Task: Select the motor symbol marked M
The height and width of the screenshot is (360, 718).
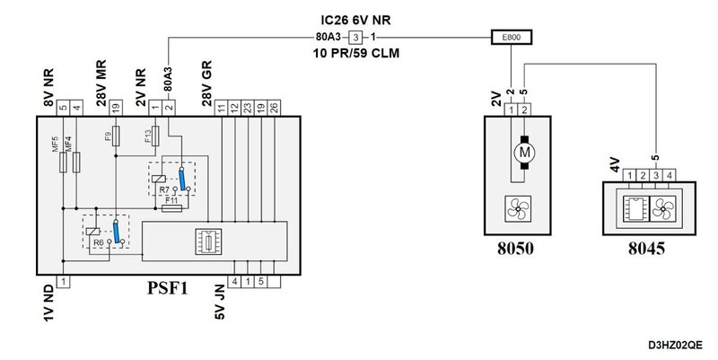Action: point(522,153)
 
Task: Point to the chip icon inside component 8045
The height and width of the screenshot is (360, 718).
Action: point(633,207)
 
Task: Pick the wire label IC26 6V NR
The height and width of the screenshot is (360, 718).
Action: point(357,19)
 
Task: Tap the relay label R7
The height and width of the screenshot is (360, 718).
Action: point(162,190)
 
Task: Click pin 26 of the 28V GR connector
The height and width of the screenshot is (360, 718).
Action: point(274,108)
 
